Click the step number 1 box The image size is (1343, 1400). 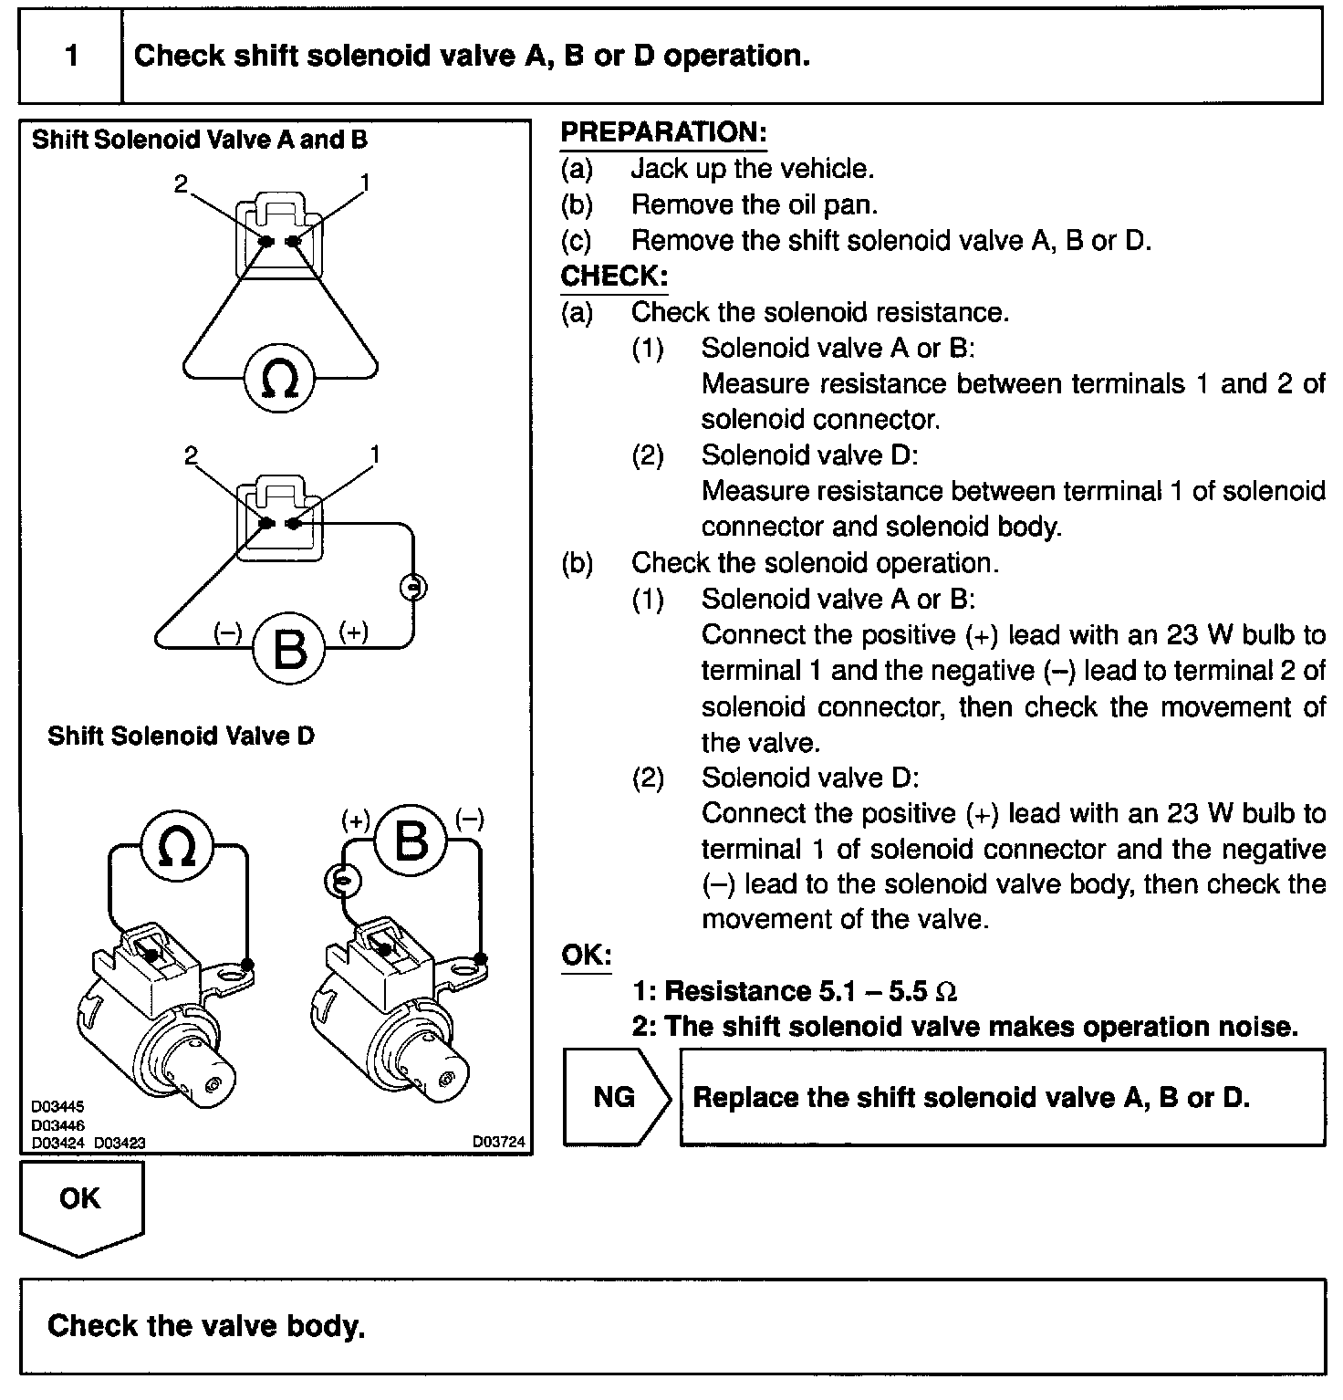click(70, 57)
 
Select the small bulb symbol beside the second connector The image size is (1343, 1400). click(414, 587)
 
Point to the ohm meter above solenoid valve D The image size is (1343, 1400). click(177, 846)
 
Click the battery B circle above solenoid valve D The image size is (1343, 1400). click(411, 839)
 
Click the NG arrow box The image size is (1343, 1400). click(616, 1096)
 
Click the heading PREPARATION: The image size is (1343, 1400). click(663, 132)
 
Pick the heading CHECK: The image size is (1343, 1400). click(614, 276)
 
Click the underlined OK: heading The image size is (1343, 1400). click(587, 955)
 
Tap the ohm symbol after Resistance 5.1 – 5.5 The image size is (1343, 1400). click(947, 992)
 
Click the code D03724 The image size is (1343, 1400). click(498, 1142)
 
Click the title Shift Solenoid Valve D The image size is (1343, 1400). click(181, 736)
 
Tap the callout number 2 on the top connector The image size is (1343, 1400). click(181, 183)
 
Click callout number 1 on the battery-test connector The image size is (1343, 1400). click(375, 454)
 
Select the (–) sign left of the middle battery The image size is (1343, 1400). click(227, 632)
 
